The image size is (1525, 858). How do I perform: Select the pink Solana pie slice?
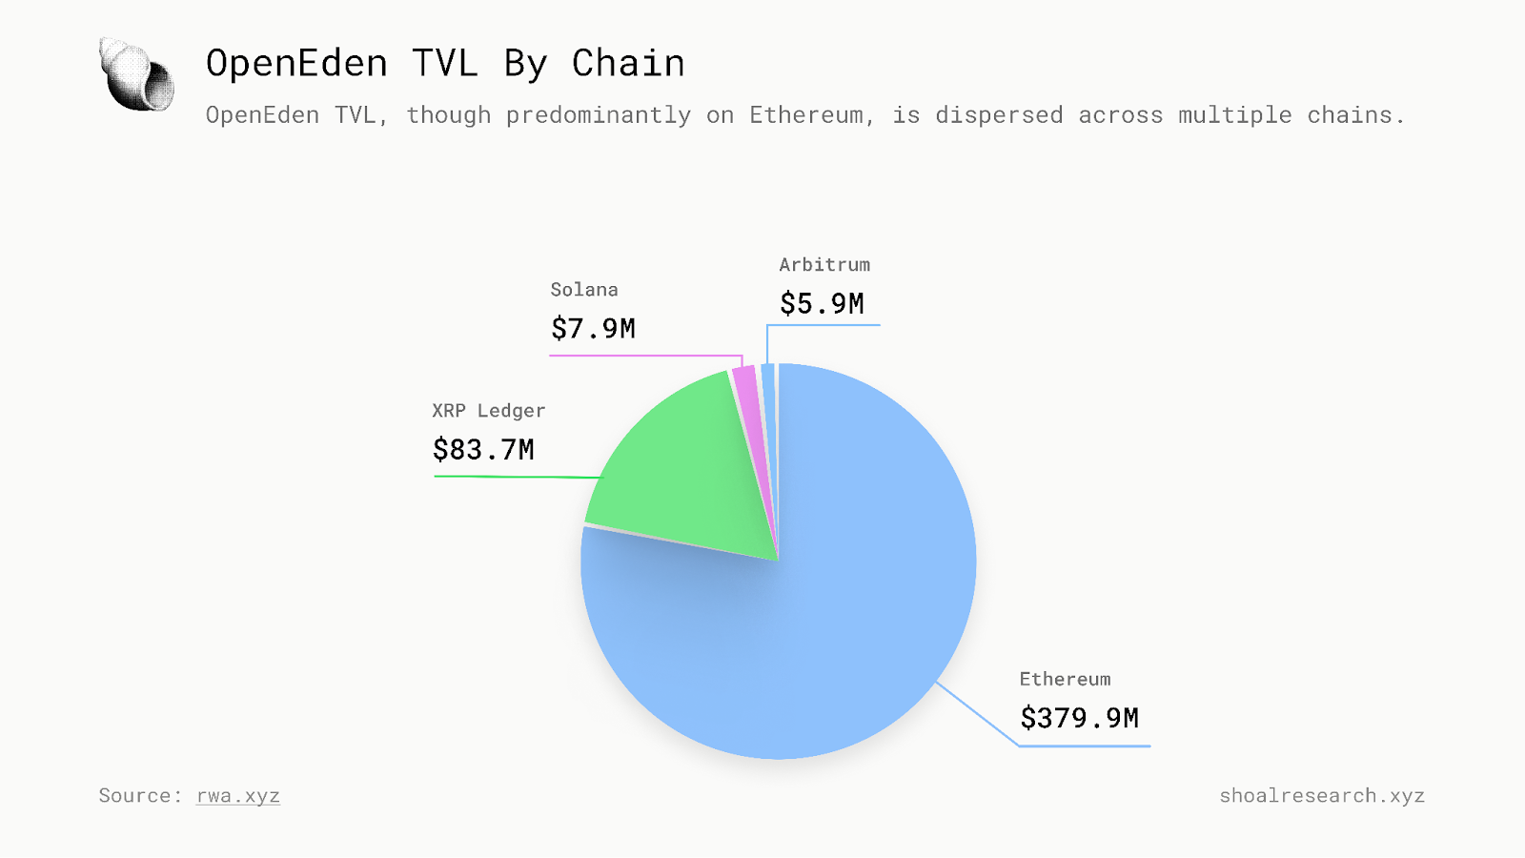(747, 400)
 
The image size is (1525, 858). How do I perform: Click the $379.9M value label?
(1079, 718)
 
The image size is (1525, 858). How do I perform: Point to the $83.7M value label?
(483, 449)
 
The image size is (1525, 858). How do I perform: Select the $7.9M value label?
(593, 329)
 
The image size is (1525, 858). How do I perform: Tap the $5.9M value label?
(822, 304)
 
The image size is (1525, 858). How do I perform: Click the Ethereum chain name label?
(1065, 679)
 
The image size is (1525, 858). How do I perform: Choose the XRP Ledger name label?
(488, 411)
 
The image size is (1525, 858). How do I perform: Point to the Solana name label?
(584, 290)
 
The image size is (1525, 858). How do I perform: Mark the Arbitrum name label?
(824, 265)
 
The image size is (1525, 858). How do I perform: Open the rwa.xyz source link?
(238, 796)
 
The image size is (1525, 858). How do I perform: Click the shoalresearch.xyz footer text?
(1322, 796)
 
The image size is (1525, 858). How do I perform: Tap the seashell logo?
(137, 74)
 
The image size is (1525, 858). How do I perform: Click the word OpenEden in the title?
(296, 64)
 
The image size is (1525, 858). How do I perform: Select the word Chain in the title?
(628, 64)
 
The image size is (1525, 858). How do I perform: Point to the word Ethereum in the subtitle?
(809, 115)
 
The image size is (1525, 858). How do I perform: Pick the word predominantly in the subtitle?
(598, 115)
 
